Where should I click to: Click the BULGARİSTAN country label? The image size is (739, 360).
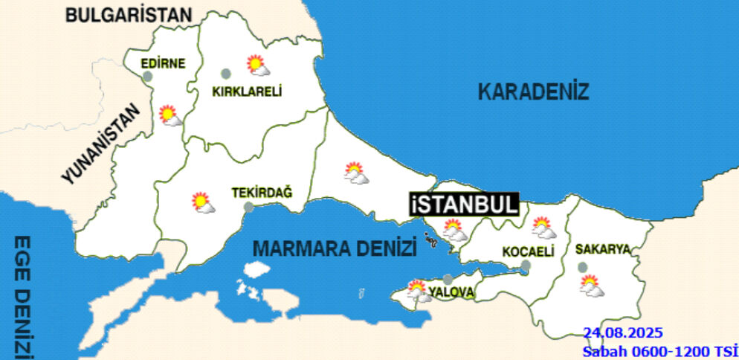tap(128, 13)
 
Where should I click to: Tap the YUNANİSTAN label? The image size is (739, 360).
tap(101, 144)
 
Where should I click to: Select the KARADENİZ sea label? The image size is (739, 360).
tap(533, 92)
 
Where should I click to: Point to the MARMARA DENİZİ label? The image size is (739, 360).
tap(334, 248)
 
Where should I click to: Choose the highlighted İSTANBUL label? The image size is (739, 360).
tap(463, 205)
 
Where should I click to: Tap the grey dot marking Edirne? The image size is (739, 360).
tap(147, 76)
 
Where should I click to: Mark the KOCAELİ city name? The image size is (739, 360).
tap(529, 252)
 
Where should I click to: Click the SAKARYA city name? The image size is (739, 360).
tap(603, 248)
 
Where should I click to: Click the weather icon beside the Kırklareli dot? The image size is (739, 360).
tap(258, 66)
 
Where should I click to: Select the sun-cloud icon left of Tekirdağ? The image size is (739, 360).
tap(202, 202)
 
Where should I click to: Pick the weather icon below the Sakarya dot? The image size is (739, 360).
tap(592, 286)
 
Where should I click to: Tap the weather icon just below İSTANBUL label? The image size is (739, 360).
tap(454, 229)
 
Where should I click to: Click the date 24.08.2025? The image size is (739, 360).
tap(622, 332)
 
